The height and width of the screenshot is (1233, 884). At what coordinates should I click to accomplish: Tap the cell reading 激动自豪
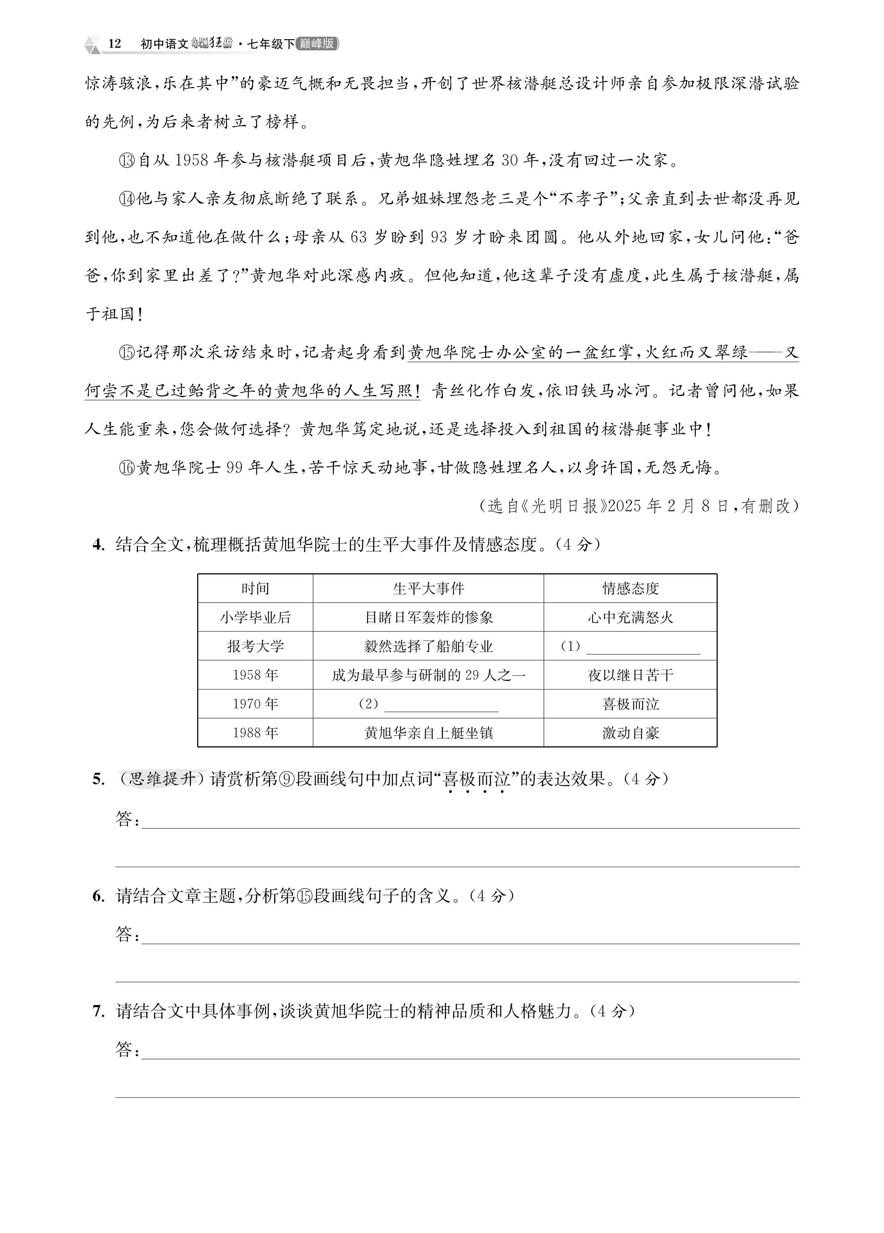630,733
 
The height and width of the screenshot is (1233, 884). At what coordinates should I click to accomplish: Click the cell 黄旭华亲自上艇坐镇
428,733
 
